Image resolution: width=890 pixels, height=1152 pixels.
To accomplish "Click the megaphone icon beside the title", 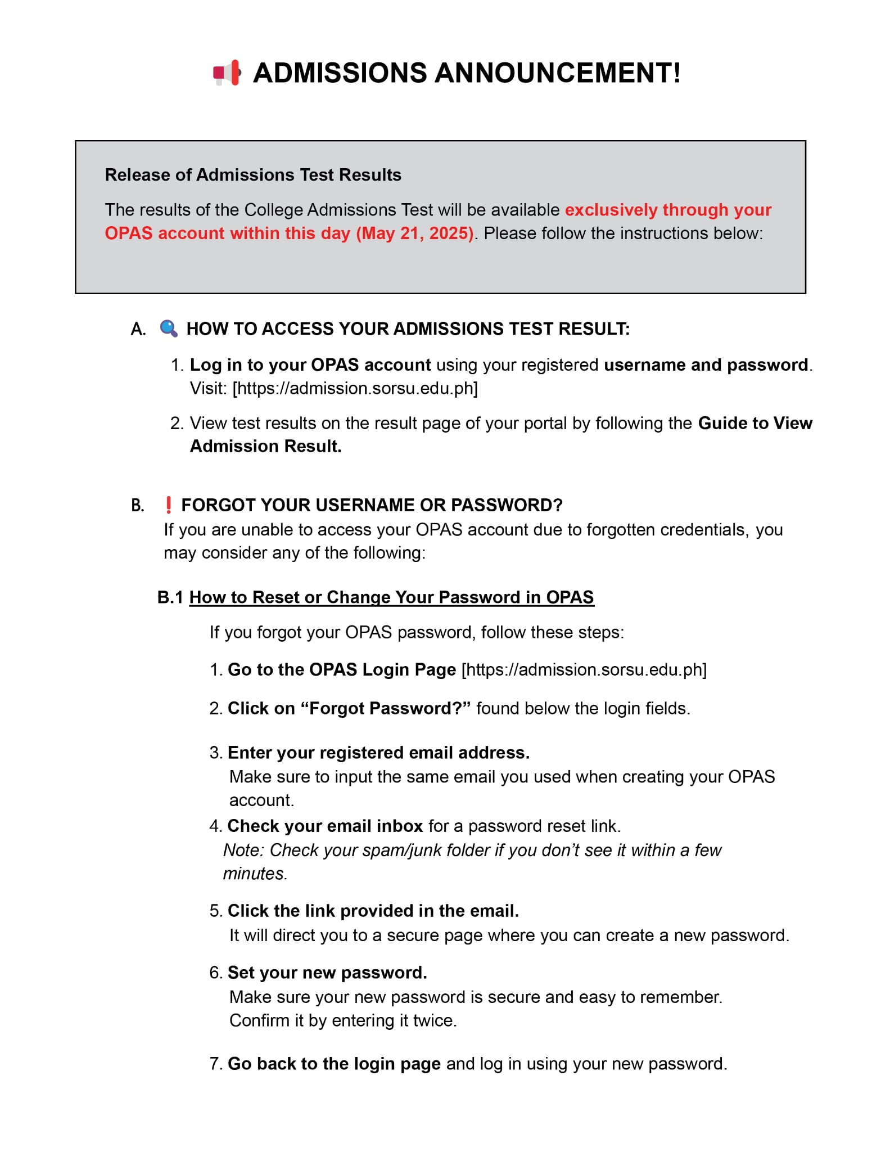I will [227, 73].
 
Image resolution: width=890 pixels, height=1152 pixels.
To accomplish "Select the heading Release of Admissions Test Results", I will [253, 175].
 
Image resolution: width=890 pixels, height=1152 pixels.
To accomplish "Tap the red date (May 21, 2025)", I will [415, 233].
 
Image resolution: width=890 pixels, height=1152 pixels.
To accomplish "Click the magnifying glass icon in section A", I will [169, 328].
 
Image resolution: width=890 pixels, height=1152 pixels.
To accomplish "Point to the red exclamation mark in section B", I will [168, 505].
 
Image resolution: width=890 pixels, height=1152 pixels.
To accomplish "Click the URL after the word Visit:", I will [355, 388].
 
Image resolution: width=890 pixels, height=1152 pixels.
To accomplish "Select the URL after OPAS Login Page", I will [584, 669].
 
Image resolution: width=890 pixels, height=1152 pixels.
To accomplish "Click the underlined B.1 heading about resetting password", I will [391, 597].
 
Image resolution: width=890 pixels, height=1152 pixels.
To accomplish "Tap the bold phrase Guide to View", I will [755, 423].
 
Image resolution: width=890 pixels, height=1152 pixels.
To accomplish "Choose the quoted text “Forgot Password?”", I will [386, 708].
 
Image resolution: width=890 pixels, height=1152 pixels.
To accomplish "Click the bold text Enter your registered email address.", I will [378, 753].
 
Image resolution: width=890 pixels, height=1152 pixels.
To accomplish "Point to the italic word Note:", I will [243, 850].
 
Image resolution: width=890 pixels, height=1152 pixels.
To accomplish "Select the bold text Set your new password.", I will [327, 973].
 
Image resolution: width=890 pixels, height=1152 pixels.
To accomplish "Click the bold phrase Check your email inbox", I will [325, 826].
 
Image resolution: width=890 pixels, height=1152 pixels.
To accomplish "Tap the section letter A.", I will [138, 329].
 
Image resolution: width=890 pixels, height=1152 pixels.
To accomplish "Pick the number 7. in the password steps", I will [216, 1064].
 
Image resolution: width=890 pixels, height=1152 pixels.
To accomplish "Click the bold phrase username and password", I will [706, 365].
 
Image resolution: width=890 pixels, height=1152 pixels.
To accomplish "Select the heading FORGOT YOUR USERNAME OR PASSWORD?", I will [372, 505].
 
